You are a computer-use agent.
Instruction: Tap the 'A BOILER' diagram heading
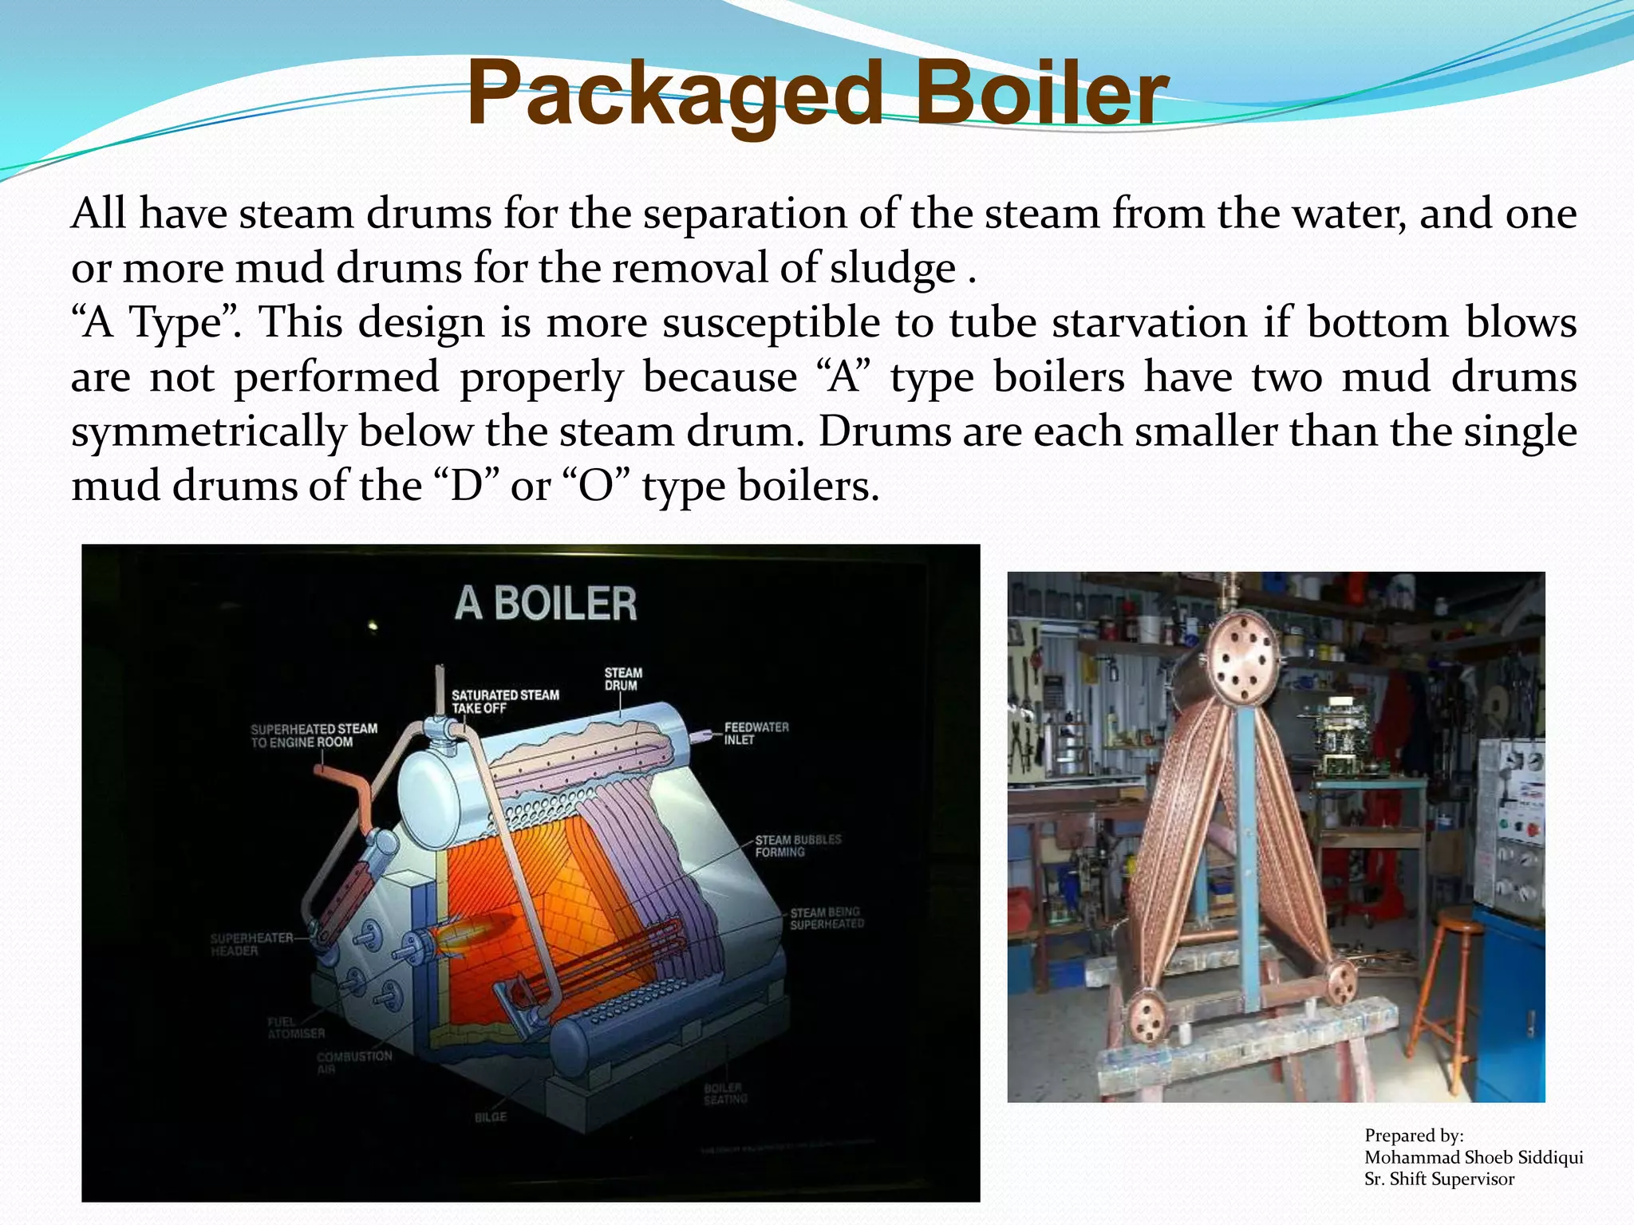tap(546, 604)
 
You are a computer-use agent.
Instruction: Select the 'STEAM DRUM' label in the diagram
tap(622, 679)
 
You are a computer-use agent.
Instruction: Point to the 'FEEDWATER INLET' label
tap(756, 734)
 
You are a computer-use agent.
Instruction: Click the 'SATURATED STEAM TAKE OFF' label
tap(505, 701)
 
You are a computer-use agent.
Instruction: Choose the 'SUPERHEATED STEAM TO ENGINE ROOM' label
tap(314, 735)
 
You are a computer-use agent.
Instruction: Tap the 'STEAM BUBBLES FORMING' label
tap(798, 845)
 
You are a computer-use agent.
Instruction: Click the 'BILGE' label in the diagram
tap(491, 1117)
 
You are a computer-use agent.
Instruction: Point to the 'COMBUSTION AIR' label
tap(354, 1062)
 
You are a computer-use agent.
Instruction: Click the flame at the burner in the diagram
tap(471, 933)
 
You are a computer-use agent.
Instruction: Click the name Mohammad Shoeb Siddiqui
tap(1473, 1157)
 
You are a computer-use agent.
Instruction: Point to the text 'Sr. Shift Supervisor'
tap(1439, 1179)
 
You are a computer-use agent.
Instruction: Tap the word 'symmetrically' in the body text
tap(208, 431)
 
